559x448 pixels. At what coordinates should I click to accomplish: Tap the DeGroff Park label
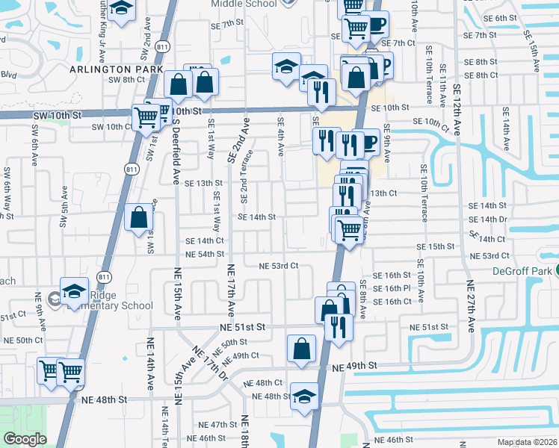point(527,272)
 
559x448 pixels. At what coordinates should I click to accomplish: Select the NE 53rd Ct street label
point(279,266)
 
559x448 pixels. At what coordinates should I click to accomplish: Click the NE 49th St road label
point(356,367)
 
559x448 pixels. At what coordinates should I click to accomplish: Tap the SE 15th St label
point(436,246)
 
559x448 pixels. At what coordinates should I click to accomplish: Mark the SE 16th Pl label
point(392,288)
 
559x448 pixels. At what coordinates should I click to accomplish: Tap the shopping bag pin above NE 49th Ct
point(301,348)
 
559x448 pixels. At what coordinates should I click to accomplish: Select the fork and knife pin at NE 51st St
point(339,326)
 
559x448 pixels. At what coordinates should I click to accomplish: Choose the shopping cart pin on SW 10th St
point(146,116)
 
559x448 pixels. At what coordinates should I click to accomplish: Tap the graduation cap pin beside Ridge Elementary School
point(75,290)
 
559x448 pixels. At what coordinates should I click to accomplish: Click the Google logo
point(25,439)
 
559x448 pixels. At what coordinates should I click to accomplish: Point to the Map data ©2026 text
point(526,442)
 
